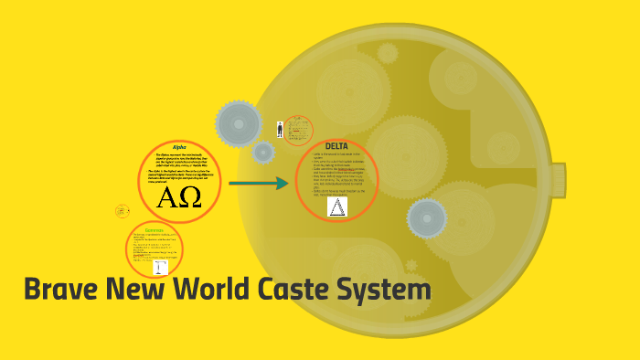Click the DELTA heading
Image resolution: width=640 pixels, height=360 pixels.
pos(336,146)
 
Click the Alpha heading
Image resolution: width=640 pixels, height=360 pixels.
pos(178,147)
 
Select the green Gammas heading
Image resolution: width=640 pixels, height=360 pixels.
pos(155,230)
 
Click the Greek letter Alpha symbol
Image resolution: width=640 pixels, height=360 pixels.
pos(167,198)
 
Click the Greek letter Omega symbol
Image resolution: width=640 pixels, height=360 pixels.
pos(190,198)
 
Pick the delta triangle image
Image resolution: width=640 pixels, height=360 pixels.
pos(337,206)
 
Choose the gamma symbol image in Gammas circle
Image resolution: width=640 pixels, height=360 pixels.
pos(160,268)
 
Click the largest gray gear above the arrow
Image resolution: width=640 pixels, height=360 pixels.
pos(239,122)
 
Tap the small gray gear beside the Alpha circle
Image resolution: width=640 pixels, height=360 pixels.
pos(263,152)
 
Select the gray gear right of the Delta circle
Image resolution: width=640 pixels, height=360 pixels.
pos(426,218)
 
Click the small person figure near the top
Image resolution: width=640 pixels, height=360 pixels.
pos(280,130)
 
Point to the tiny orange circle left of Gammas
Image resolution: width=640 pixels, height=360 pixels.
pos(122,211)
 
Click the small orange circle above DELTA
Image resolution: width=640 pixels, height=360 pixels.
pos(298,130)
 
